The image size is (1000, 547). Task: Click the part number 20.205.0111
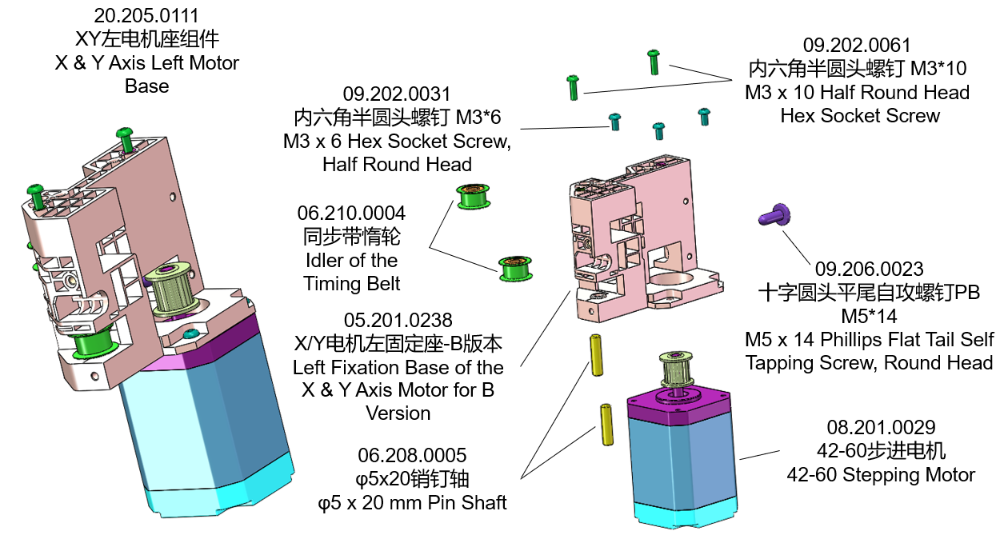coord(146,16)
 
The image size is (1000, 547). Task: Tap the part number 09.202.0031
coord(397,94)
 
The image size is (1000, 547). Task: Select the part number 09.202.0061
coord(857,46)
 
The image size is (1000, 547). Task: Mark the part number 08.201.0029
coord(881,428)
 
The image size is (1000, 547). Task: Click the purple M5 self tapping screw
coord(774,214)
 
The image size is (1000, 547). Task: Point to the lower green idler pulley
coord(514,267)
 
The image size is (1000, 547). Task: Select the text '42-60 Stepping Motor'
coord(881,475)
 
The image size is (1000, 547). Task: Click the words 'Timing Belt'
coord(351,283)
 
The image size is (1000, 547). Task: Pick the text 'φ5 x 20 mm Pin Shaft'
coord(412,503)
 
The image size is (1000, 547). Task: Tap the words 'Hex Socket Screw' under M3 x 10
coord(860,115)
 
